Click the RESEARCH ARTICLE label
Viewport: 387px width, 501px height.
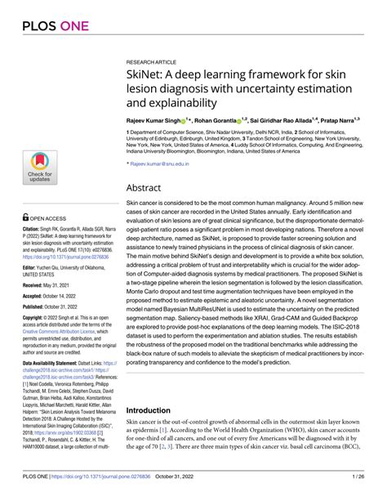tap(152, 62)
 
